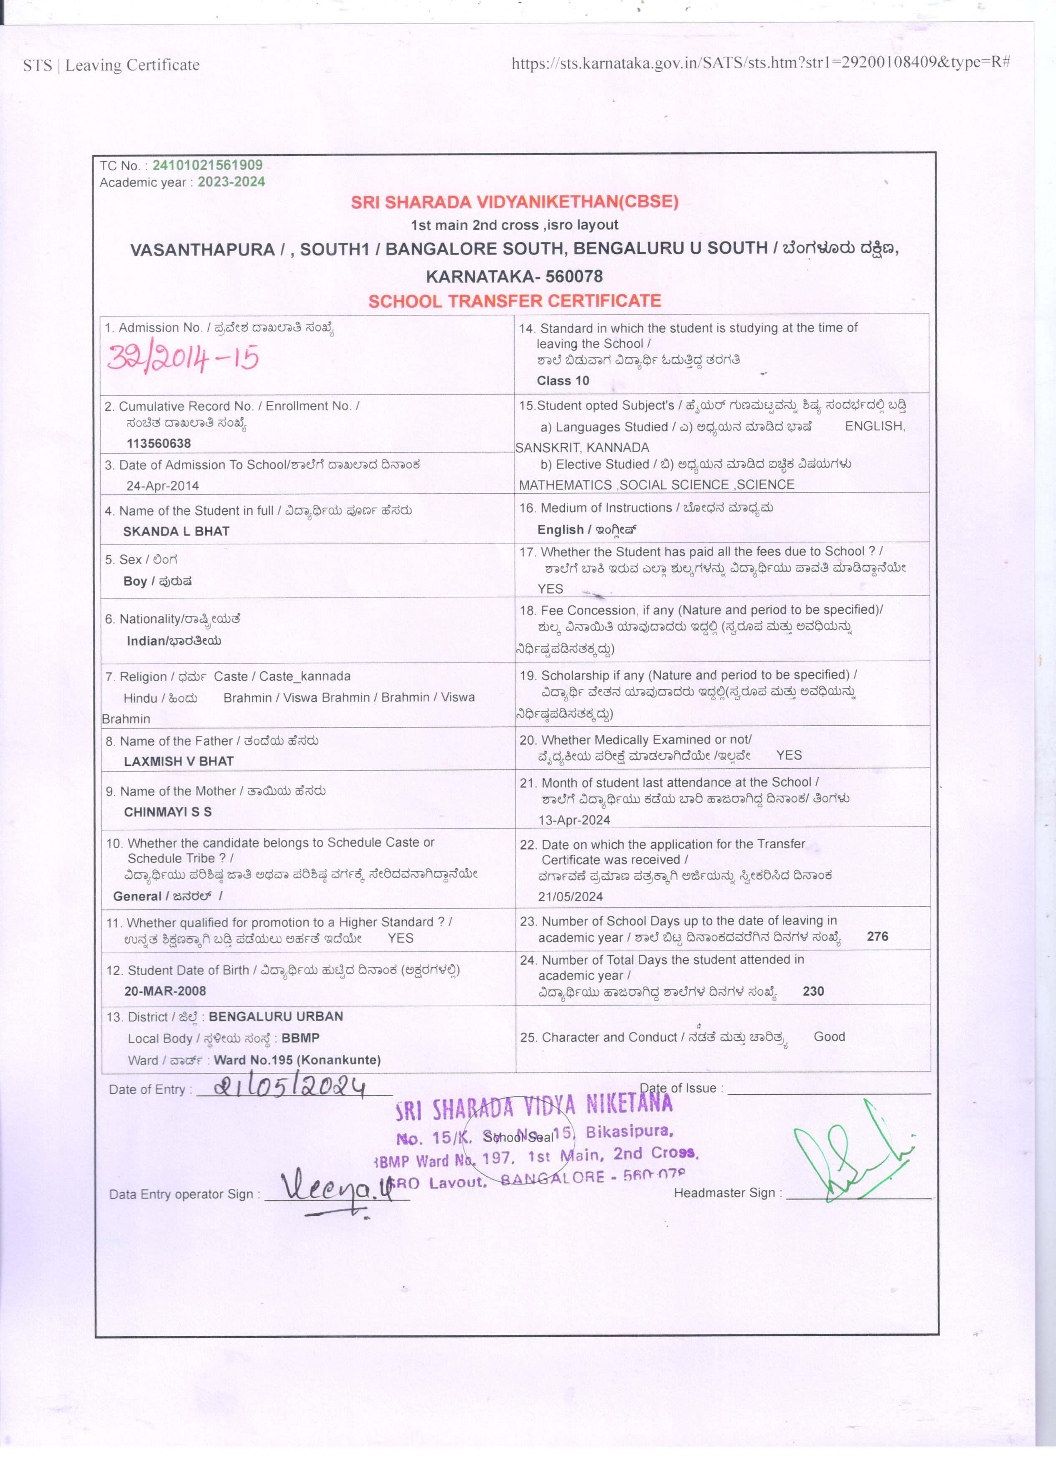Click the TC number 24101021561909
click(x=207, y=165)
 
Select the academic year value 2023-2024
click(x=231, y=182)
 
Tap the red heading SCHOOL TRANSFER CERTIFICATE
click(x=514, y=301)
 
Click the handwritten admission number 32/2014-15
click(x=183, y=358)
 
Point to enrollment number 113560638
click(x=158, y=443)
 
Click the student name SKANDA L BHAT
click(x=176, y=531)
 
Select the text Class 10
click(x=563, y=381)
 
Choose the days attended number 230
click(x=813, y=991)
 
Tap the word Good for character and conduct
click(x=829, y=1036)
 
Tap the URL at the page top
click(x=760, y=63)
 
